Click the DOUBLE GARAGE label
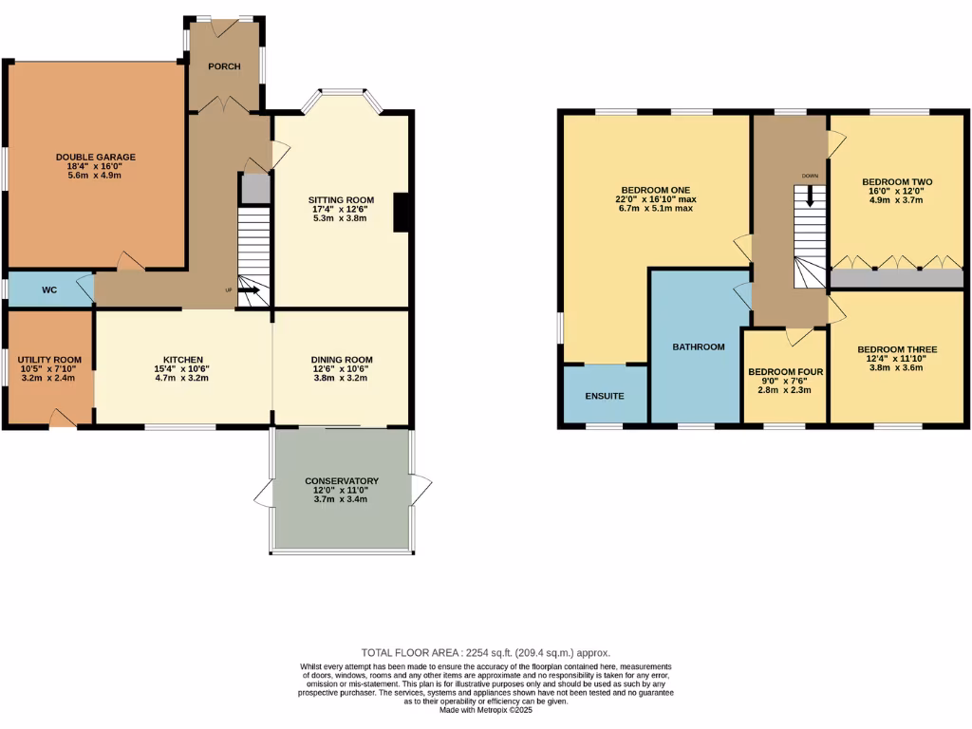[95, 157]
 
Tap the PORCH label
[224, 66]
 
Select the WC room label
[50, 290]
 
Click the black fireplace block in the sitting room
[402, 213]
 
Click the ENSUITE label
[605, 395]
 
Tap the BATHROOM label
[699, 346]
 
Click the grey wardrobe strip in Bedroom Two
[896, 278]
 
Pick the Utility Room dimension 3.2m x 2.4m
[49, 378]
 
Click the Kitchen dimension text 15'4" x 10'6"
[183, 369]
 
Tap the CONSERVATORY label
[342, 481]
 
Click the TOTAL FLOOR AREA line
[485, 653]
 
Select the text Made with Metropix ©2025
[486, 710]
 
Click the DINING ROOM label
[342, 360]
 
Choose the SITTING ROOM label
[341, 200]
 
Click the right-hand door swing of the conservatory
[422, 490]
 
